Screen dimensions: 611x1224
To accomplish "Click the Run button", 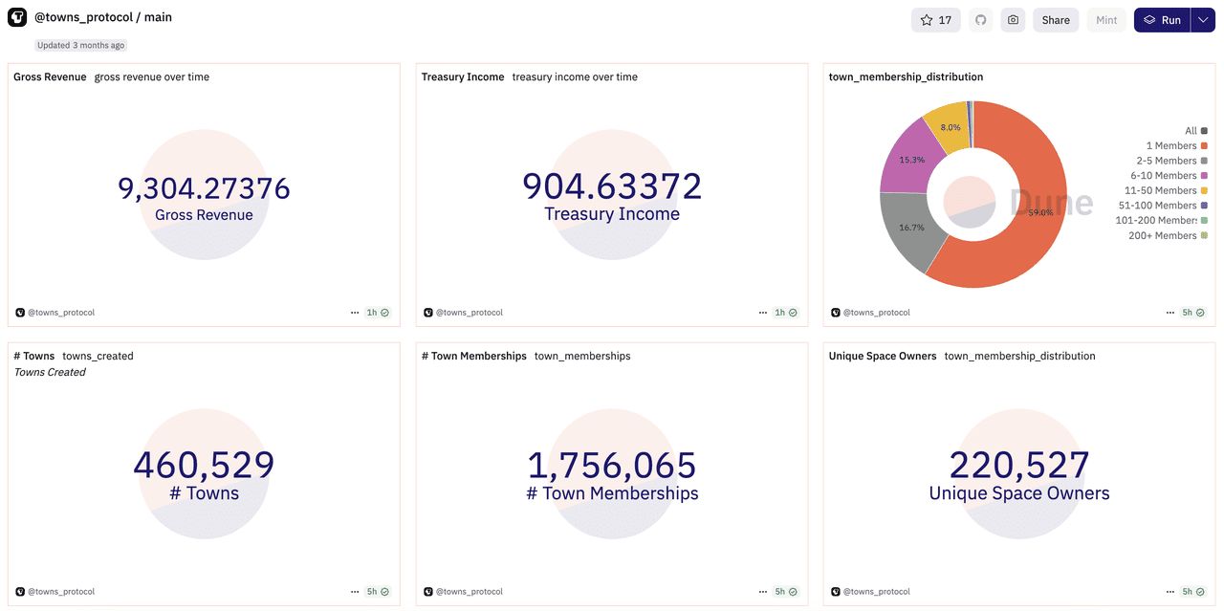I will [x=1162, y=20].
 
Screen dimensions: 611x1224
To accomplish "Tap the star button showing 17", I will [x=935, y=20].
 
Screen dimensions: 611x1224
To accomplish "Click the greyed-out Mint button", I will [x=1106, y=20].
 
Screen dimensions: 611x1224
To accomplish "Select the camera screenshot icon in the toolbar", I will [x=1013, y=20].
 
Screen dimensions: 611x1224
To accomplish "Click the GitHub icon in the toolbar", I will [x=980, y=20].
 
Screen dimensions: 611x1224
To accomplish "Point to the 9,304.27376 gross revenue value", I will [x=204, y=188].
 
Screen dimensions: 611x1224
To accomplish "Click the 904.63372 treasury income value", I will [x=612, y=186].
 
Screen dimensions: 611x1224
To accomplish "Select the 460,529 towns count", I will [x=204, y=466].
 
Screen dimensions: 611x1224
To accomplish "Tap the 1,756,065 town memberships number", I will [x=612, y=466].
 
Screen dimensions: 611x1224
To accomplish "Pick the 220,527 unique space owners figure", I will [x=1019, y=466].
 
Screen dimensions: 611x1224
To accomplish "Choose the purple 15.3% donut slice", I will [x=908, y=158].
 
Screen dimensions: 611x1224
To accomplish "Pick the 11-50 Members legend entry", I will [x=1161, y=190].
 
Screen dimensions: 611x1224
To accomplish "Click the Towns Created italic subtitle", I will [x=50, y=372].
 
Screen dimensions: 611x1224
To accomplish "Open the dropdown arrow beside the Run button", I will [x=1203, y=20].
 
